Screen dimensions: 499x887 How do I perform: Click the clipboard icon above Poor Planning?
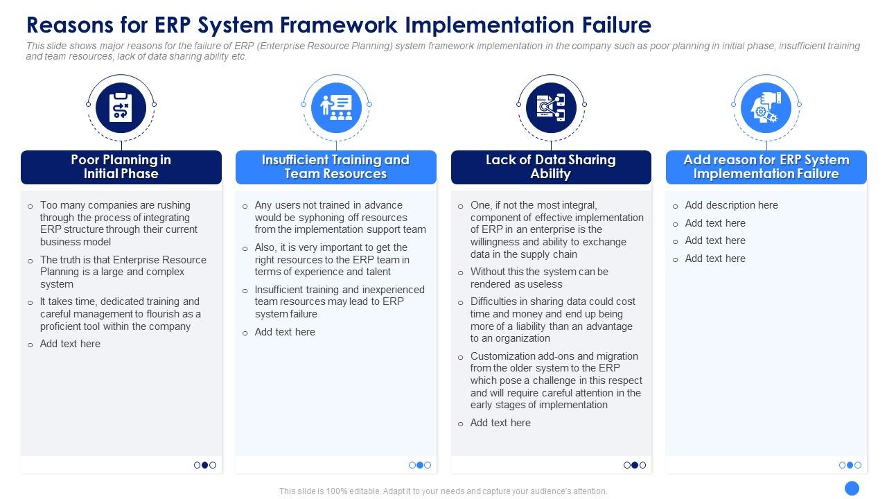point(121,107)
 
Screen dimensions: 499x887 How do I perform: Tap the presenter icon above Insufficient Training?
point(336,107)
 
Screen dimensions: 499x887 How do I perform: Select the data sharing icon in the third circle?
point(551,107)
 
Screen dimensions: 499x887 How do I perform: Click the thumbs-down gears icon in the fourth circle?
point(766,107)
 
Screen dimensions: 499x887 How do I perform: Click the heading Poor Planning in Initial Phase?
point(121,167)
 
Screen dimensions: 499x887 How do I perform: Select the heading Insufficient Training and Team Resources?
point(336,167)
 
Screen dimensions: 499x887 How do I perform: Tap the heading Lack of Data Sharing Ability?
point(551,167)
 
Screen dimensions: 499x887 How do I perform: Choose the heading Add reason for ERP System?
point(766,167)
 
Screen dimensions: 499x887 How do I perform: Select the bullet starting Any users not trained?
point(340,217)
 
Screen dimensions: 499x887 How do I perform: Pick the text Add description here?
point(731,205)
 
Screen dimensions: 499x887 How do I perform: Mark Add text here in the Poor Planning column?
point(70,344)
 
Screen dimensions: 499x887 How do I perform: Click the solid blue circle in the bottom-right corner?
point(852,487)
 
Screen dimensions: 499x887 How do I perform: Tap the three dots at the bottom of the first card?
point(205,465)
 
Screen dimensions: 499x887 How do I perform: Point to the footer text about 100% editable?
point(443,491)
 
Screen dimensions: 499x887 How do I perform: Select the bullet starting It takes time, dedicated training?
point(120,314)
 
